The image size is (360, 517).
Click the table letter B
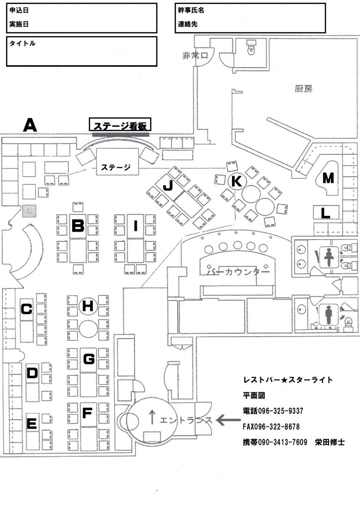78,226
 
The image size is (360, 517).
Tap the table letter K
236,180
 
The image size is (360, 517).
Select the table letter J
167,186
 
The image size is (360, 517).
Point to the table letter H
88,306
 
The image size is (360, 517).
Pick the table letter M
329,178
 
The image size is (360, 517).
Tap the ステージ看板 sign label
120,126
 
